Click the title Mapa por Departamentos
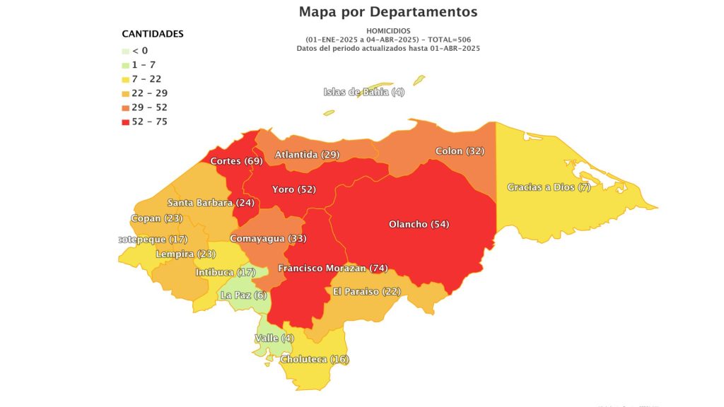[388, 12]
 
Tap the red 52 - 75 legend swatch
[126, 122]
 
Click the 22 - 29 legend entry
[146, 93]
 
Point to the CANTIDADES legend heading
[153, 34]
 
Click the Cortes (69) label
[236, 161]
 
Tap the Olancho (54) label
[419, 224]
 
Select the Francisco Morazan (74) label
[333, 269]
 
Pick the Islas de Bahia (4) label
[364, 92]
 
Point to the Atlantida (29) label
[307, 154]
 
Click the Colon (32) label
[460, 151]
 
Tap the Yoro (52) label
[293, 189]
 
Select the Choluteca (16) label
[315, 360]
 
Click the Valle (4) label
[274, 338]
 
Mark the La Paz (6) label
[244, 295]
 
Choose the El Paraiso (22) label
[366, 292]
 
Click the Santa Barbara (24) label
[210, 203]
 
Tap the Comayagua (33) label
[268, 239]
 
